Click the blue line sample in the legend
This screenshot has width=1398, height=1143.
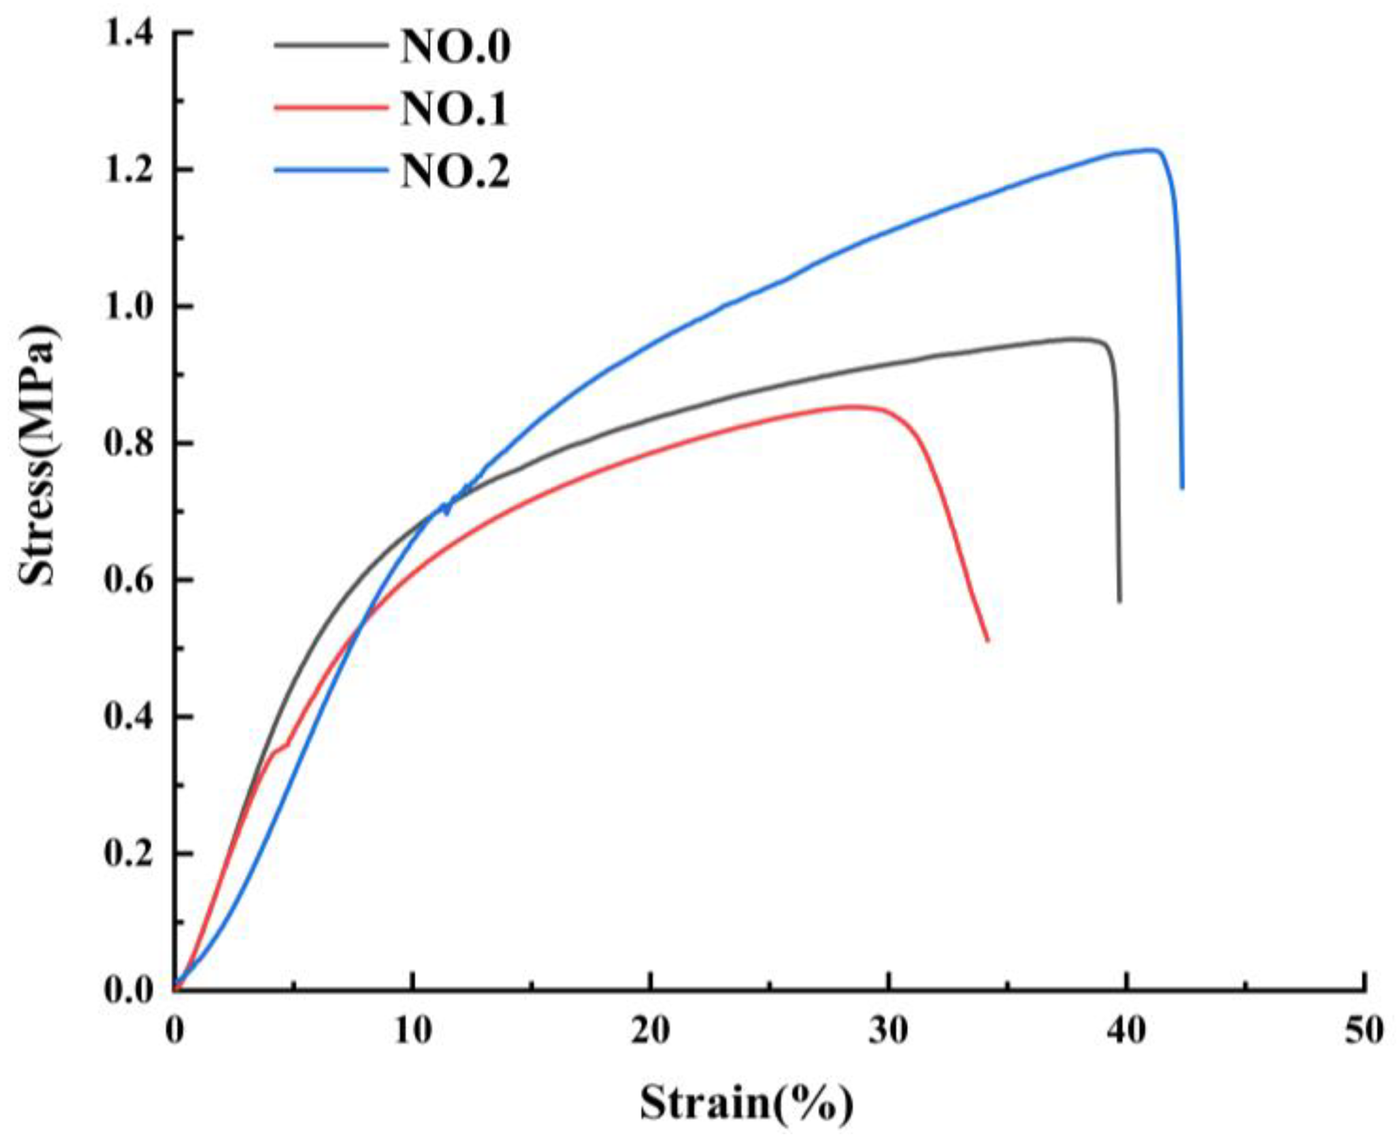point(329,170)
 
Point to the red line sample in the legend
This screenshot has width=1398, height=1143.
point(329,107)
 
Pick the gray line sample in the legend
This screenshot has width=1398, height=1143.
point(329,45)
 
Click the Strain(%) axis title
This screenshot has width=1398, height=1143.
point(746,1102)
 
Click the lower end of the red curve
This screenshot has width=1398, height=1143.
point(987,640)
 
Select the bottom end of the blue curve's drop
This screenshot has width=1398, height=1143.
point(1182,488)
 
